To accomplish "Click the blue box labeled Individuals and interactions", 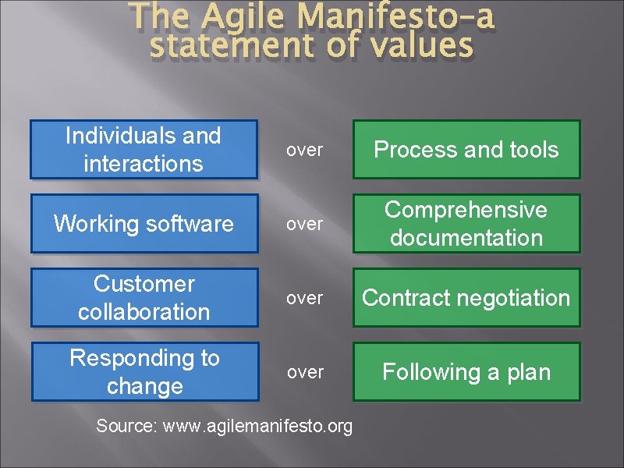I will point(144,149).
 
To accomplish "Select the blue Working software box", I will point(144,224).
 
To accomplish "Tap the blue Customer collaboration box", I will point(144,298).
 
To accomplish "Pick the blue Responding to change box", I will point(144,372).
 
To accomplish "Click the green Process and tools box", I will point(466,149).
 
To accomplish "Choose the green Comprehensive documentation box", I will point(466,224).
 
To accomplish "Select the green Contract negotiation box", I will point(466,298).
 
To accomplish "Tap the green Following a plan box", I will point(466,372).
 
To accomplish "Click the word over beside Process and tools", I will point(304,150).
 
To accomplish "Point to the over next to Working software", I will point(304,225).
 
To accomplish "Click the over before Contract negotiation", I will point(304,299).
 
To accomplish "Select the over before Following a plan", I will point(304,373).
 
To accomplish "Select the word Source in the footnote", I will point(122,426).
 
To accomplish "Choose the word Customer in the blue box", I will point(144,284).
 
